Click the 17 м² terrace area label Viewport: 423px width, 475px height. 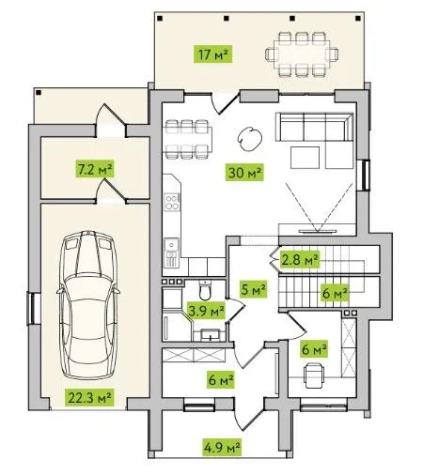tap(212, 54)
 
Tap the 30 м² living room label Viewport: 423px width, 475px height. tap(244, 172)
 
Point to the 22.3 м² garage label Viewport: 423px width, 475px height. tap(89, 397)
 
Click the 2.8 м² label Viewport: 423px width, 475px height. tap(300, 259)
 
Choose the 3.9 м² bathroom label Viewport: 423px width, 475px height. tap(206, 311)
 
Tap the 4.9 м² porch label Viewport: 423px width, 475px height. tap(222, 447)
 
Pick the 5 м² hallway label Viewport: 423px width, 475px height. tap(254, 289)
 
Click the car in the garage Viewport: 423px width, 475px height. tap(88, 305)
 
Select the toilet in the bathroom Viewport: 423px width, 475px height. tap(205, 290)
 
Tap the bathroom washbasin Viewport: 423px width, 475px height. tap(210, 335)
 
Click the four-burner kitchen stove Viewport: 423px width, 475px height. tap(172, 202)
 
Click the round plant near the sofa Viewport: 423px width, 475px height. tap(250, 139)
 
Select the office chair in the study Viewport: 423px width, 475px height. tap(314, 375)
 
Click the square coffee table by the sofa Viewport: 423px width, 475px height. tap(305, 158)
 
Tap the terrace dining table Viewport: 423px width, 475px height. tap(302, 54)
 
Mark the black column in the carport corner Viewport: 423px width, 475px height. tap(39, 92)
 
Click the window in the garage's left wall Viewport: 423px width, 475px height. tap(31, 308)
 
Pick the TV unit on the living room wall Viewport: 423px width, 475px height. tap(318, 231)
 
